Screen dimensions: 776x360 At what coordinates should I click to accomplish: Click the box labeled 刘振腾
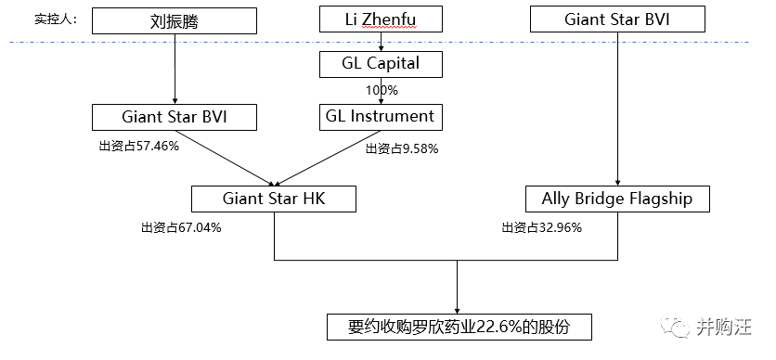click(175, 20)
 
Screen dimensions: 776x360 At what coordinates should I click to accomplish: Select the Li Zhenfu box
click(381, 19)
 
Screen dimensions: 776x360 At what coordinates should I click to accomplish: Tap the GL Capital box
click(381, 64)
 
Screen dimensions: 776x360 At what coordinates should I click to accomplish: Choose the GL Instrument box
click(381, 117)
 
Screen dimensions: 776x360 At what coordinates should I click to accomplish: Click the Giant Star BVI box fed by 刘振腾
click(175, 117)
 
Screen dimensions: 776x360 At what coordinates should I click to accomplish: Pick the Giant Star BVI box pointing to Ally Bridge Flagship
click(617, 19)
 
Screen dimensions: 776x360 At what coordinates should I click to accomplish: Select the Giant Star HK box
click(274, 199)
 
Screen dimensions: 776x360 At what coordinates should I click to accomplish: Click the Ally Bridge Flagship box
click(617, 199)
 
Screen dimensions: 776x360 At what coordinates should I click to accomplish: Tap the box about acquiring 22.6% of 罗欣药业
click(459, 327)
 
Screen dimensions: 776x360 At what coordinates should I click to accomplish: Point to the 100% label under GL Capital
click(382, 91)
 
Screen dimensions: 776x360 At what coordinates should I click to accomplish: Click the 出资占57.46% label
click(138, 147)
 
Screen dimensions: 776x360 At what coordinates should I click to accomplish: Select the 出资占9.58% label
click(402, 148)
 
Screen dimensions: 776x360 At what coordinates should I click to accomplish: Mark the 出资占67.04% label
click(181, 228)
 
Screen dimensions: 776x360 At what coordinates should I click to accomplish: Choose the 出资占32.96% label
click(541, 228)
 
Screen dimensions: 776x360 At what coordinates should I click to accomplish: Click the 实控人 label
click(56, 19)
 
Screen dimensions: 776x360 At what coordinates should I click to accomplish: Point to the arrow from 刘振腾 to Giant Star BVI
click(175, 69)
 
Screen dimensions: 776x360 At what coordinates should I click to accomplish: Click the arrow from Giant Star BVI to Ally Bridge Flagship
click(617, 109)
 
